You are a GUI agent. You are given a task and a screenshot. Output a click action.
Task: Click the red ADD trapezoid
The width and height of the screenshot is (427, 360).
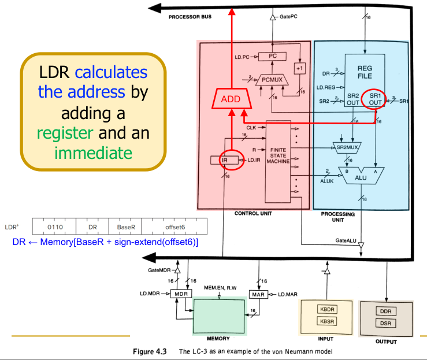[x=231, y=99]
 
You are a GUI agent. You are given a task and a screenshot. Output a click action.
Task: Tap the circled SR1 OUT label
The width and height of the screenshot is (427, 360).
[x=376, y=98]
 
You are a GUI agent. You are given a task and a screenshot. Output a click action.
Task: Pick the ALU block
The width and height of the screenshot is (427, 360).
[x=361, y=177]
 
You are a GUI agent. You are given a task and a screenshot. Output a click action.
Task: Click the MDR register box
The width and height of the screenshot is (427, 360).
[x=180, y=294]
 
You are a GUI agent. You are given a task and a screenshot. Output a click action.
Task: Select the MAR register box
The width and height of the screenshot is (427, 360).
[x=258, y=294]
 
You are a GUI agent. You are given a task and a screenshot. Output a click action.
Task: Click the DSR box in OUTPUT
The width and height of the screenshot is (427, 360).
[x=385, y=323]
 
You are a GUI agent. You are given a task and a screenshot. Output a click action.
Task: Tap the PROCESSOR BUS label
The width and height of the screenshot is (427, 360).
[x=190, y=17]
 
